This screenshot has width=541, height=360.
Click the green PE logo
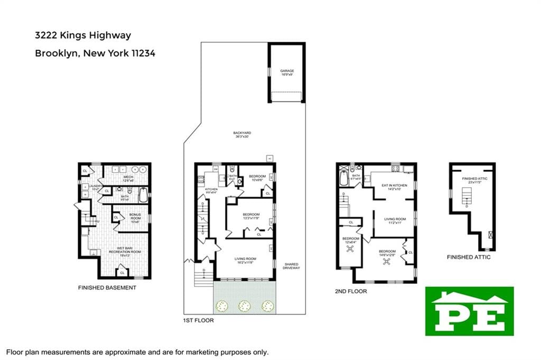[469, 311]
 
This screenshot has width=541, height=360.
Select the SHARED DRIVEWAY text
[292, 266]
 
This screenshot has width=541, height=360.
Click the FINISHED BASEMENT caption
[107, 288]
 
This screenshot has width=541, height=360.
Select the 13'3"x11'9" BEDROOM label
[251, 216]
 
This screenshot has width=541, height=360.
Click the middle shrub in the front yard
[245, 305]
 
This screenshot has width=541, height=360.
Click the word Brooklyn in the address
[54, 53]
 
